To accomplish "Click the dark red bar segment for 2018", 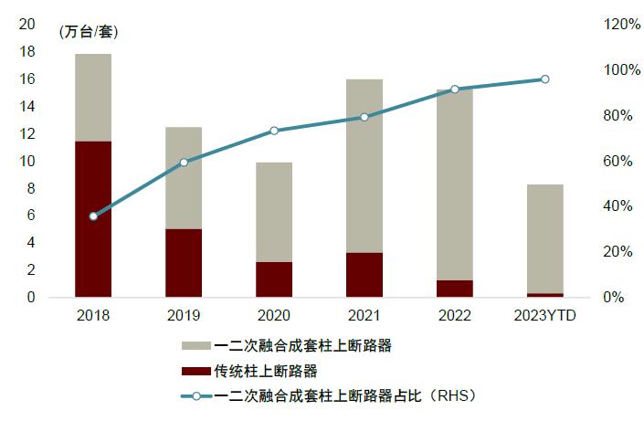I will pos(93,219).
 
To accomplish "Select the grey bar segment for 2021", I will pos(364,165).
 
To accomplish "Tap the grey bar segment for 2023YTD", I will pos(544,238).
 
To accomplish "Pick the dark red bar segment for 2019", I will pos(184,263).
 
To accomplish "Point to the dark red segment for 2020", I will pos(274,279).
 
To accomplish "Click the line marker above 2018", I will pos(93,216).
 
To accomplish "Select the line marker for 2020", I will pos(274,131).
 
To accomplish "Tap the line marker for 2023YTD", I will pos(544,79).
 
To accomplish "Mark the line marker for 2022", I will pos(454,89).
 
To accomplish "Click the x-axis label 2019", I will pos(184,315).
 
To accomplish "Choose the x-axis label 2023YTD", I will pos(544,315).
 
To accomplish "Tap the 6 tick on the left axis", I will pos(31,216).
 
